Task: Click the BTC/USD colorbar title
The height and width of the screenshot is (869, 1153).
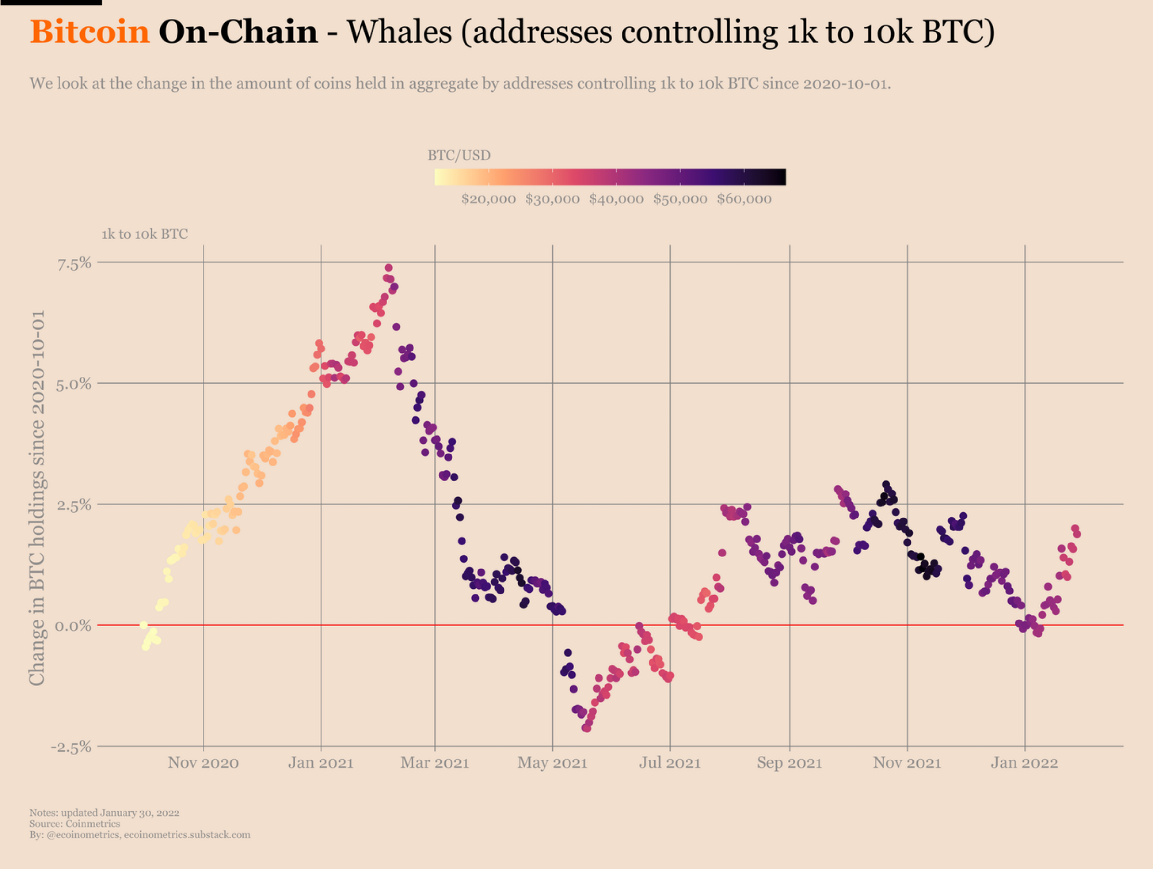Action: click(459, 155)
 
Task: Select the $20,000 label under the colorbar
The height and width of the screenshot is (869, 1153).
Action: click(488, 199)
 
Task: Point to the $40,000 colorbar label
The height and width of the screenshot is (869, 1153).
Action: click(616, 199)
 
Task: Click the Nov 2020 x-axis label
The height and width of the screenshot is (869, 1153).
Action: click(203, 763)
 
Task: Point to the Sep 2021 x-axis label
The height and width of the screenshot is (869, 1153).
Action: click(789, 763)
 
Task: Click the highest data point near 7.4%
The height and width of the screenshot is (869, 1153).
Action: click(388, 268)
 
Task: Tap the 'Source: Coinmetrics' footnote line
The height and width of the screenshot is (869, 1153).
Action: click(74, 824)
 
